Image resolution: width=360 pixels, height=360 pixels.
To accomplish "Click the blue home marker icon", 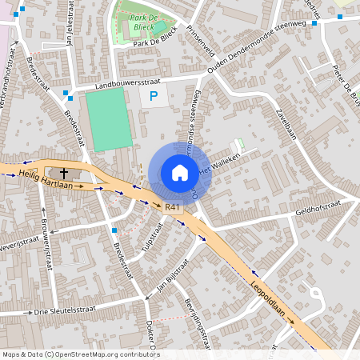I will click(x=180, y=172).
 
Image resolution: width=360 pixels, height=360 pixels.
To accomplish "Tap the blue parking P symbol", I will click(x=154, y=98).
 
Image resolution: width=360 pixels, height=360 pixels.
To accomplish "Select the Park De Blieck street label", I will click(x=155, y=43).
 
